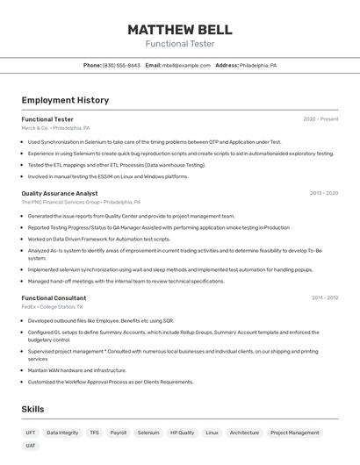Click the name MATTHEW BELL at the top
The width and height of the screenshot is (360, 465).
click(x=179, y=29)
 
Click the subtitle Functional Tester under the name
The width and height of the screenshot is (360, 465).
click(x=179, y=44)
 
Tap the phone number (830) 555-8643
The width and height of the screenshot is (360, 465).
click(x=121, y=65)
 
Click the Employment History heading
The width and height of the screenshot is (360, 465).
click(x=65, y=100)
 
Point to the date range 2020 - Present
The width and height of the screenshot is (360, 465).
click(x=320, y=119)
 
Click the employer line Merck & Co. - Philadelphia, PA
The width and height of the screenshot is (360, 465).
click(x=55, y=128)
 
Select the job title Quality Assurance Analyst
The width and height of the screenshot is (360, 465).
click(x=60, y=193)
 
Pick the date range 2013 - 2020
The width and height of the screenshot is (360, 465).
click(x=323, y=193)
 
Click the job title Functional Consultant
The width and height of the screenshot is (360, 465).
click(x=54, y=298)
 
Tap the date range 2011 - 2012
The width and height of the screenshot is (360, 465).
click(x=324, y=298)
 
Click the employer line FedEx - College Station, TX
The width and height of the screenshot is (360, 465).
click(x=52, y=307)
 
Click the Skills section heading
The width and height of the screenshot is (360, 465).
click(x=32, y=409)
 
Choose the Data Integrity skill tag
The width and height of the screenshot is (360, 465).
click(x=62, y=433)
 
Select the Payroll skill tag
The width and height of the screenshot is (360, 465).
click(x=119, y=433)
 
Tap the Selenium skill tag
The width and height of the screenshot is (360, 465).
click(x=148, y=433)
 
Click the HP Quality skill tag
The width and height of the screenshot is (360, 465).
click(x=183, y=433)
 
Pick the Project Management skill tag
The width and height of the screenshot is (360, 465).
click(x=294, y=433)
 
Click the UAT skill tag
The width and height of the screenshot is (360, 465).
click(x=31, y=446)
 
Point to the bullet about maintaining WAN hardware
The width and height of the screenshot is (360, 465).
click(x=77, y=370)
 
